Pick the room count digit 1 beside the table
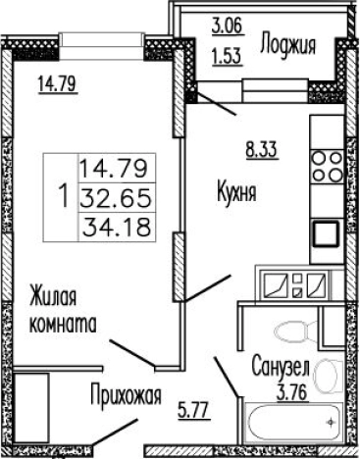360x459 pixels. coord(63,195)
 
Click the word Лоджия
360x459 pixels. coord(287,43)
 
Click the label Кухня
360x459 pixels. coord(236,193)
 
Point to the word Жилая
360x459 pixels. coord(53,296)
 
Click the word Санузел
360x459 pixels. coord(281,366)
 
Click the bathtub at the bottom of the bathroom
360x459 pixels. coord(291,426)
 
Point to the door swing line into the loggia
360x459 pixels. coord(218,106)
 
